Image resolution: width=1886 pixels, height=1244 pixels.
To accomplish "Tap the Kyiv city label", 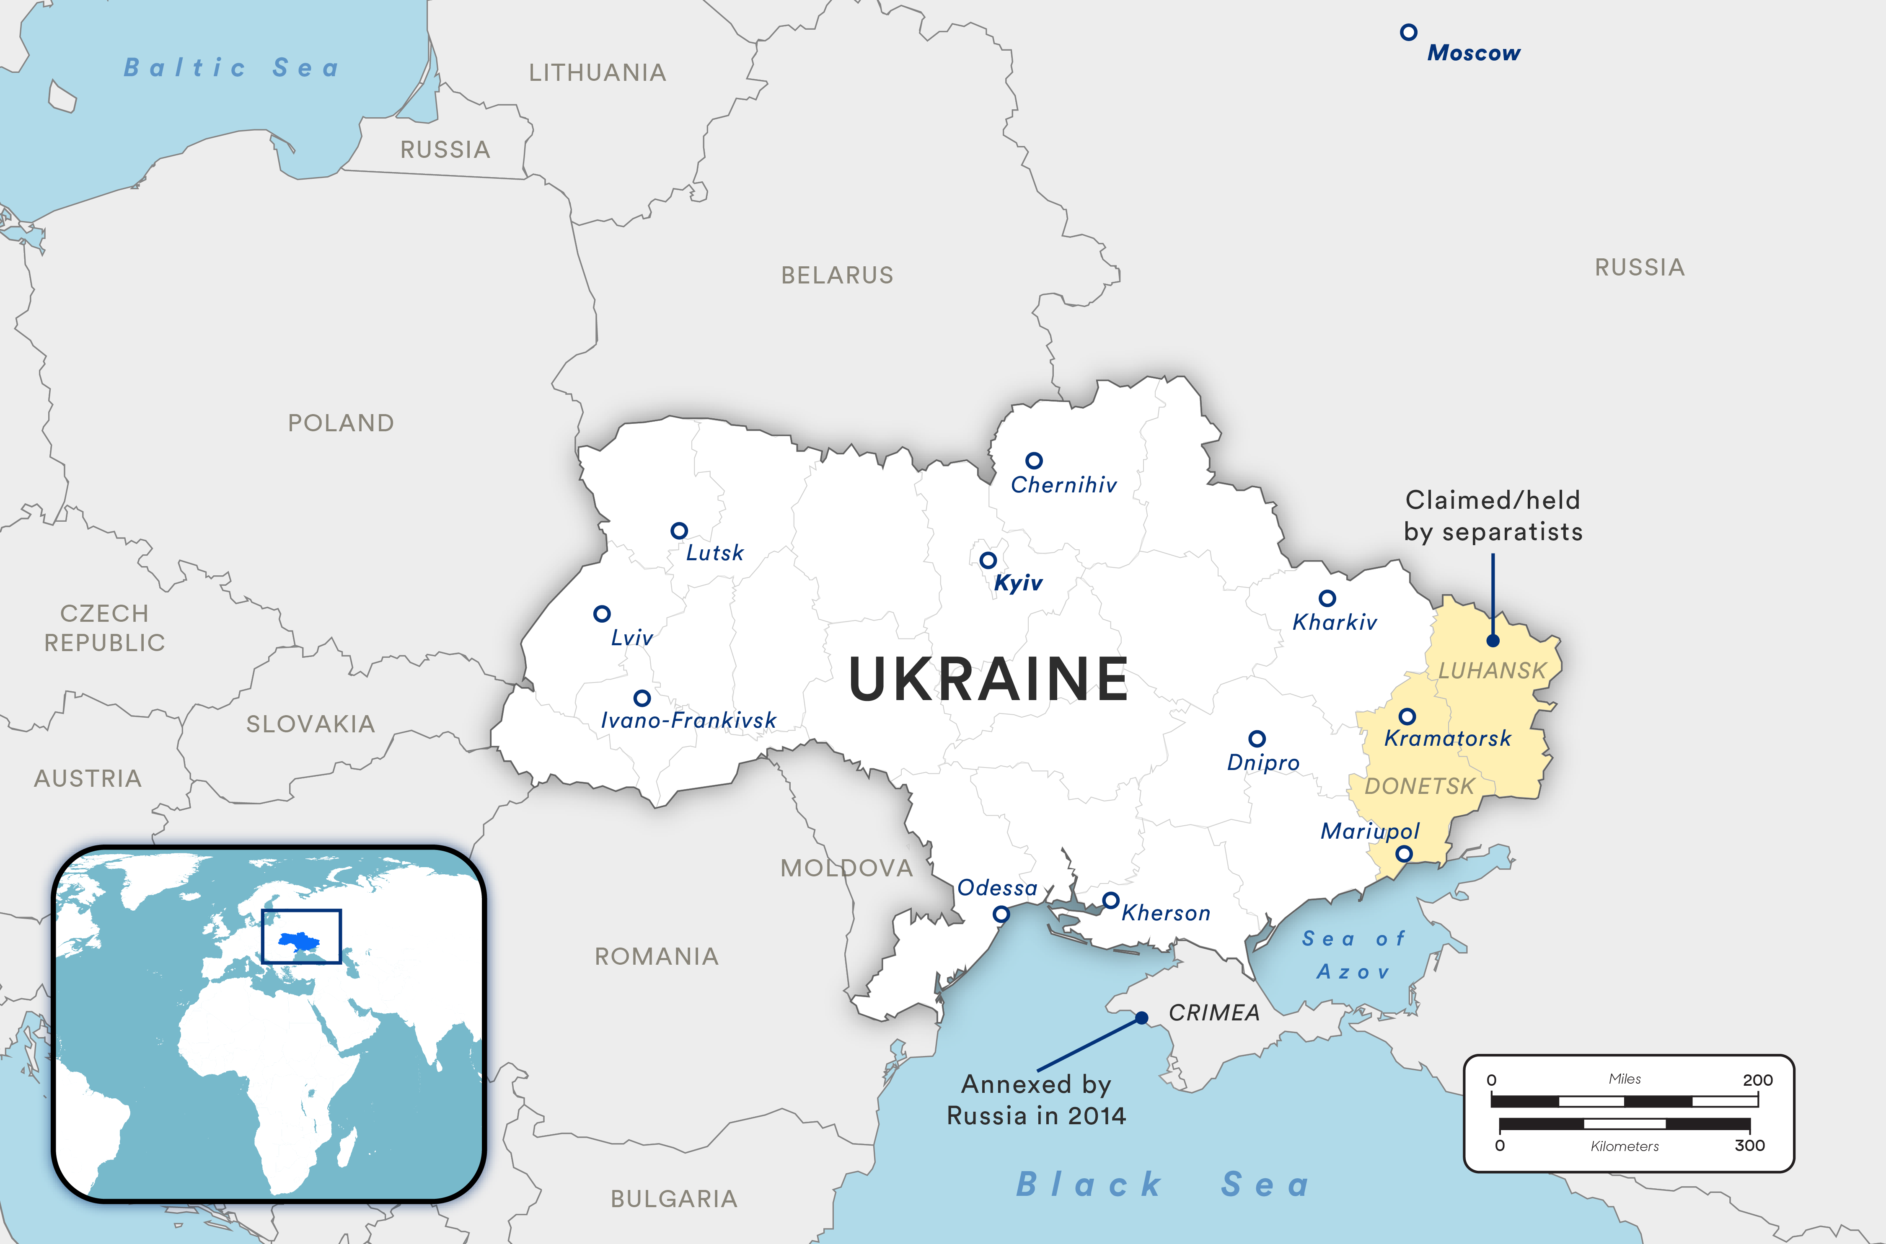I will point(1018,583).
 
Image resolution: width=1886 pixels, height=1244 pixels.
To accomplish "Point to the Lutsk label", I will point(714,553).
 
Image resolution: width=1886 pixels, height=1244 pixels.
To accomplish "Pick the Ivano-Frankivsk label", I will point(688,720).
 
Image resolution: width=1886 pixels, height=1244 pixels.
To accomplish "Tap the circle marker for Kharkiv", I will point(1327,598).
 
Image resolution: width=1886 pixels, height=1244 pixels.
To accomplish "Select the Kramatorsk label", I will point(1448,739).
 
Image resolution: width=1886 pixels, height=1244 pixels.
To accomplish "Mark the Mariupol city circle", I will point(1404,854).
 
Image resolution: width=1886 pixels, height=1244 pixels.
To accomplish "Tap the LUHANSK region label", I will point(1492,671).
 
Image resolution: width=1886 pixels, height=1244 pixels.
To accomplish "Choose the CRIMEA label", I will point(1213,1013).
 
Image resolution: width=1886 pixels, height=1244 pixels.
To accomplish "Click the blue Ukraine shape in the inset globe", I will point(299,942).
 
